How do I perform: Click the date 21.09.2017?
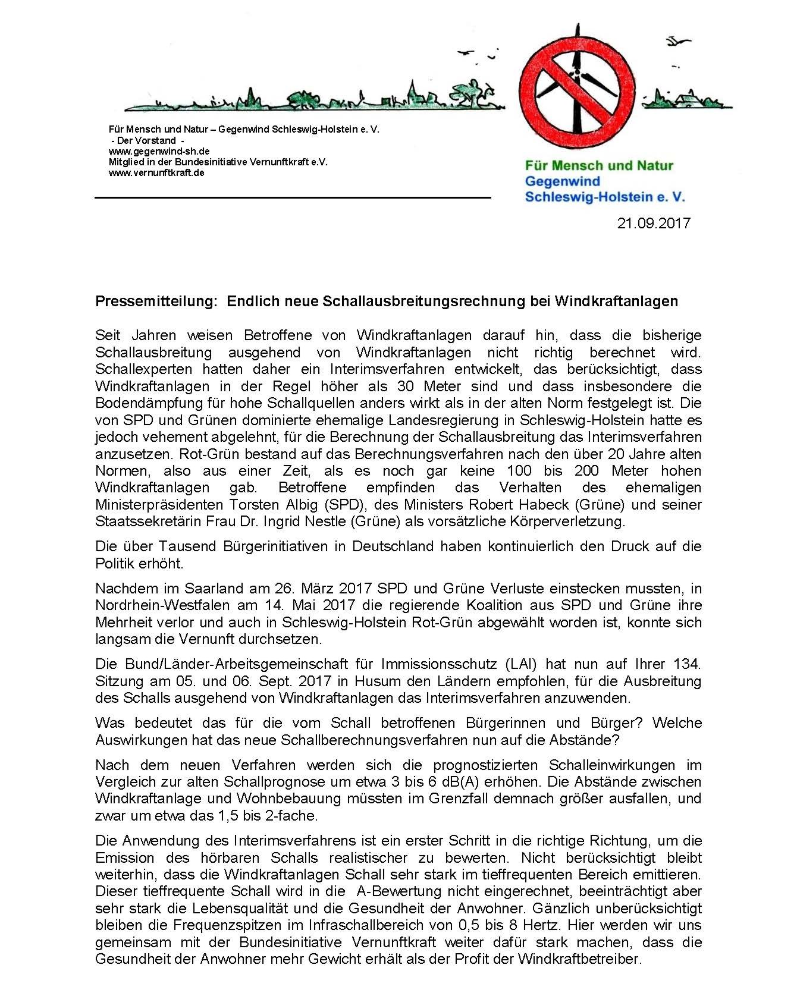coord(653,224)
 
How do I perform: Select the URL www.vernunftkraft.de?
coord(156,172)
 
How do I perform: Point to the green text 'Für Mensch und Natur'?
coord(599,166)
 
